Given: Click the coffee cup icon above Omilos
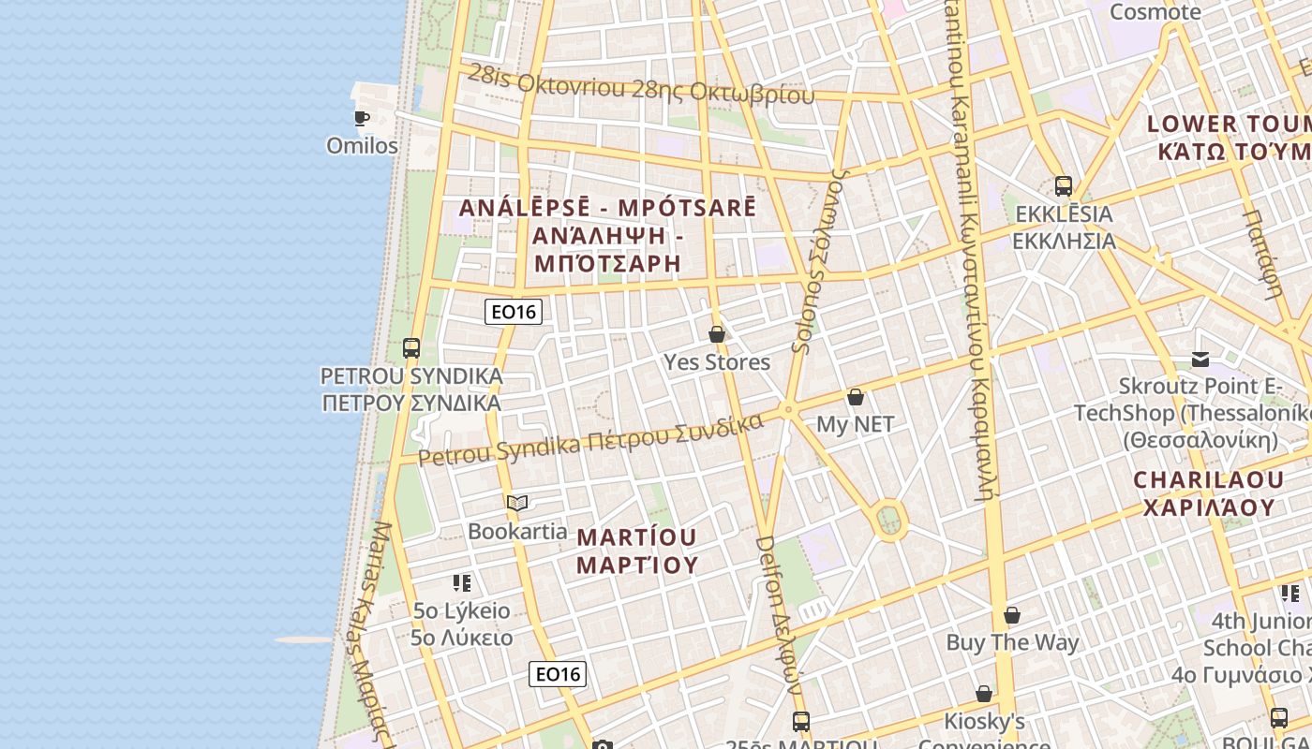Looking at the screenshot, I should coord(361,118).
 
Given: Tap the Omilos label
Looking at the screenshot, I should coord(362,146).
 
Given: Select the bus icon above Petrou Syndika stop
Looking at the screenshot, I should coord(411,348).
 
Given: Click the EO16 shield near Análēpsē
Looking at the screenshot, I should coord(514,312).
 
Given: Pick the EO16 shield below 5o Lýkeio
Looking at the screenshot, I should coord(558,673).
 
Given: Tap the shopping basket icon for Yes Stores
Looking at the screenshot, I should coord(717,334).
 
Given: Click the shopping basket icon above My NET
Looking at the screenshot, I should coord(856,397).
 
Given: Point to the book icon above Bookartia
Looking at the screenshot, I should coord(517,504).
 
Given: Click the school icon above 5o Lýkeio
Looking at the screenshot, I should coord(462,583).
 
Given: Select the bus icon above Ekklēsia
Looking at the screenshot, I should coord(1063,186).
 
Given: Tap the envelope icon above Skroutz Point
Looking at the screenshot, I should coord(1200,359).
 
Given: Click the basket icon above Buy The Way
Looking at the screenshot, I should coord(1012,615).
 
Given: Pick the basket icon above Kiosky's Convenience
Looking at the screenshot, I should coord(984,694).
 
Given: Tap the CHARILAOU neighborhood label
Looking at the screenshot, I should coord(1208,493).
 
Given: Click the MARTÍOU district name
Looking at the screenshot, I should coord(637,551).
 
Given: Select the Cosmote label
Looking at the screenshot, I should coord(1155,12).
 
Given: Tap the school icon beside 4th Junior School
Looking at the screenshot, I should coord(1290,593).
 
